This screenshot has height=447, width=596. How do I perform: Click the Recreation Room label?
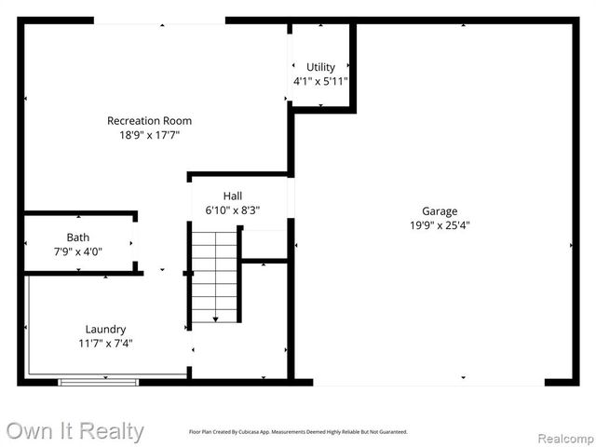coord(149,120)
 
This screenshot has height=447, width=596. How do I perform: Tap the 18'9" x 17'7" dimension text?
coord(149,135)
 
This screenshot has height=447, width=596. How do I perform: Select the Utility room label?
coord(320,67)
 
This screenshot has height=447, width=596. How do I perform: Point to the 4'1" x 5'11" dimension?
coord(320,81)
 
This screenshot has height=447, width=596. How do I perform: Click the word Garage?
coord(440,211)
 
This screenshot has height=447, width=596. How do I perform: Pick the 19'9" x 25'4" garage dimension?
coord(440,225)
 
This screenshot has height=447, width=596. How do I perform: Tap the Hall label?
coord(233,196)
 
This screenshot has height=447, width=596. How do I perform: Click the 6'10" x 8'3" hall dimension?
coord(233,210)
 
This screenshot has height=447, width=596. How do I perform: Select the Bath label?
coord(78,237)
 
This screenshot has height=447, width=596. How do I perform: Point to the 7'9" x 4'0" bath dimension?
coord(78,251)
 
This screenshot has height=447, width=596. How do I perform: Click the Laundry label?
coord(105,329)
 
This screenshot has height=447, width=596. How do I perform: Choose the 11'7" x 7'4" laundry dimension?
coord(105,344)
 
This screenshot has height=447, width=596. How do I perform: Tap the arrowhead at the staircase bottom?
coord(215,319)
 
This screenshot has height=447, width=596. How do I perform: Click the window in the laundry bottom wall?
coord(99,381)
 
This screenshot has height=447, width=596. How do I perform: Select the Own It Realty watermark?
coord(74,431)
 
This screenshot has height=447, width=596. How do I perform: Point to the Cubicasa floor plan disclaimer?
coord(298,432)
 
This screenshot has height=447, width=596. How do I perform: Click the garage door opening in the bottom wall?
coord(428,381)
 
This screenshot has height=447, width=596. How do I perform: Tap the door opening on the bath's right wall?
coord(136,243)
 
